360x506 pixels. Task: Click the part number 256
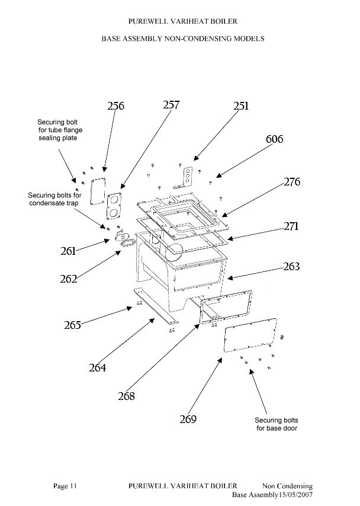115,106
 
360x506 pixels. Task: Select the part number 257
171,105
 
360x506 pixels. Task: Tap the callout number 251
241,106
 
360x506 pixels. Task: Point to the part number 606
275,139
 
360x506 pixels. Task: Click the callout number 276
292,182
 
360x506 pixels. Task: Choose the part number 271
291,226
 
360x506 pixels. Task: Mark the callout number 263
291,266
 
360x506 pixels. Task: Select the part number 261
68,251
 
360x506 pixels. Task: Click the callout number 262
68,279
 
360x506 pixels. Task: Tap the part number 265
72,325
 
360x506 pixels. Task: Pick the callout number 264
98,367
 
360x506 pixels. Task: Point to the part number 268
126,396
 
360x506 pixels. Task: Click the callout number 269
188,419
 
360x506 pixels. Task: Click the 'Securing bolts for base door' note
277,424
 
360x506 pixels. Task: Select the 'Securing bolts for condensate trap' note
54,199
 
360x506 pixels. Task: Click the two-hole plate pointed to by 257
114,206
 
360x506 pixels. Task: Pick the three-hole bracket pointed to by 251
185,178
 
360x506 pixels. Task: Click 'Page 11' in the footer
65,486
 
